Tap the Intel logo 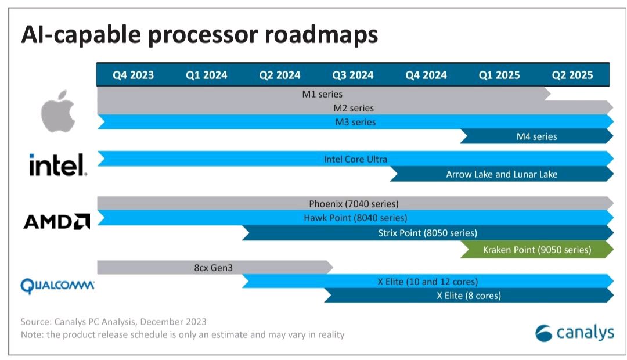tap(58, 165)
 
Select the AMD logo tap(56, 221)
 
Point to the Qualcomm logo tap(57, 286)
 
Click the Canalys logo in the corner tap(574, 333)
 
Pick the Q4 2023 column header tap(133, 75)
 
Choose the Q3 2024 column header tap(352, 75)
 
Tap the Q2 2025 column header tap(572, 75)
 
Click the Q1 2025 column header tap(499, 75)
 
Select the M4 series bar tap(536, 136)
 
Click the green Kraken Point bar tap(536, 250)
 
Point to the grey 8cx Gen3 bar tap(215, 268)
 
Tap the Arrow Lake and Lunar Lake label tap(502, 174)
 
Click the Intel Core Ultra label tap(355, 159)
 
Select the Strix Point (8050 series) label tap(427, 233)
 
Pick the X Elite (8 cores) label tap(469, 296)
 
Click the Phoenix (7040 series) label tap(354, 204)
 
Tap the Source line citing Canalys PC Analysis tap(114, 321)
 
